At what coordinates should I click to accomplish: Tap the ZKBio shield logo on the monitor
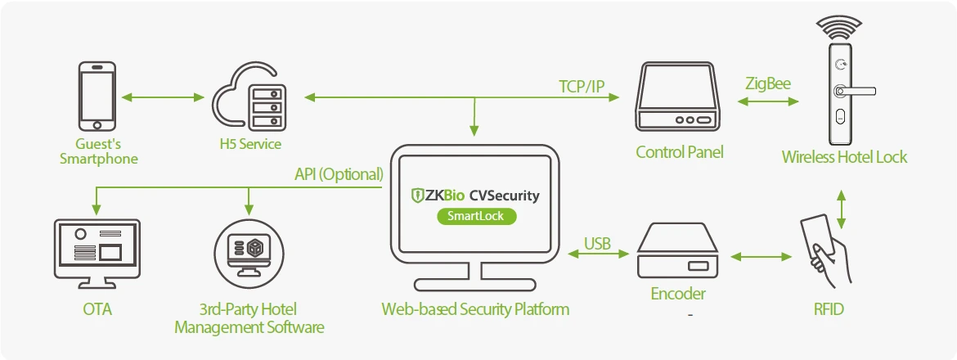point(417,196)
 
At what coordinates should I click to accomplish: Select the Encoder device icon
point(677,251)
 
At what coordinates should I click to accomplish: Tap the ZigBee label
point(767,84)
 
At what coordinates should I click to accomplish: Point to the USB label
point(599,243)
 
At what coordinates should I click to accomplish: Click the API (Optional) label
point(339,174)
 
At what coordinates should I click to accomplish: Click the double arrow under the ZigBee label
point(767,101)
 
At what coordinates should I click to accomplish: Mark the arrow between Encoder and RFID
point(762,257)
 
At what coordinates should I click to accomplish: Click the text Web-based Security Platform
point(475,309)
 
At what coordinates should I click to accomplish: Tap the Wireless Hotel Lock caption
point(844,157)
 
